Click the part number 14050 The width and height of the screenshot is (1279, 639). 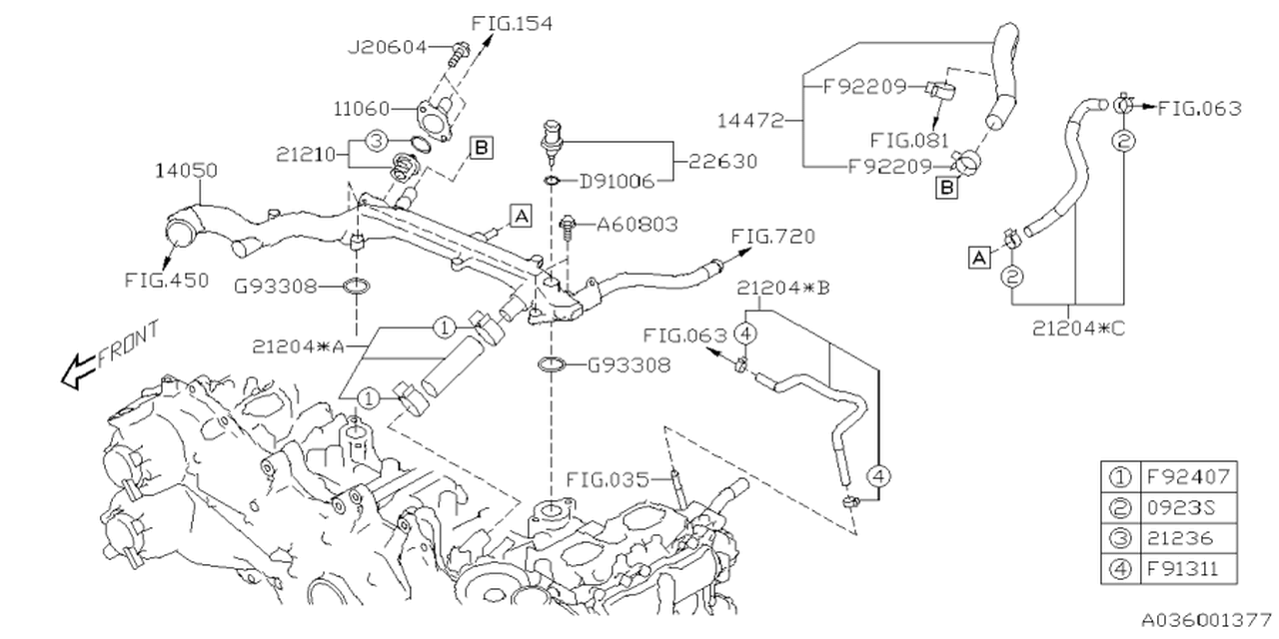pos(185,172)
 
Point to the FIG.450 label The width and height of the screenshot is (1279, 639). pos(167,281)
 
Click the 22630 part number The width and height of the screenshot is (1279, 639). pos(722,161)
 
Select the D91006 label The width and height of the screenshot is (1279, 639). pos(618,182)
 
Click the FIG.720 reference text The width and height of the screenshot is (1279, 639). pos(773,238)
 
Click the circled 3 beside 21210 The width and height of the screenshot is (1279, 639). pos(375,143)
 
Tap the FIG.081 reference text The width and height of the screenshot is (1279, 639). pos(910,141)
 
